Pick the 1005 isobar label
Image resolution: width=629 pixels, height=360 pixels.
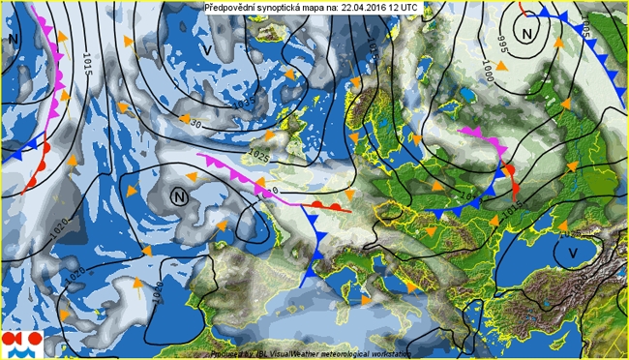[586, 26]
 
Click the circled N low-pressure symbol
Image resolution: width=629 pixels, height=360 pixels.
[179, 196]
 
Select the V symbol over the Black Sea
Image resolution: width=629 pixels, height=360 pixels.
[573, 252]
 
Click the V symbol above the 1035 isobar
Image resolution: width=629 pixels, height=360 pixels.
[208, 49]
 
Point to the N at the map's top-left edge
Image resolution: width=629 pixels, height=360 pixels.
[13, 39]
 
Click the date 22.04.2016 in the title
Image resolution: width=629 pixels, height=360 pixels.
[368, 7]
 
